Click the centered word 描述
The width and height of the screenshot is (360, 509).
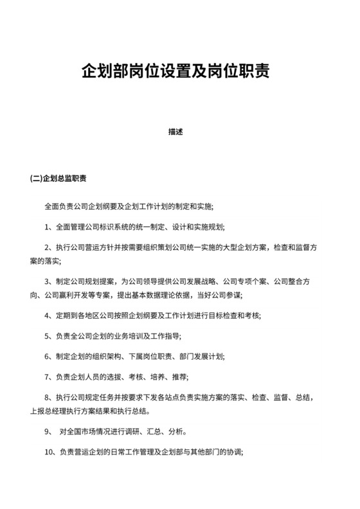(175, 132)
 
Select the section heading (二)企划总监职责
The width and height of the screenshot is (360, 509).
(59, 179)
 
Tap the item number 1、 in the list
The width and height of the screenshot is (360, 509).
(49, 226)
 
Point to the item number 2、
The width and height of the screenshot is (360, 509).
(49, 247)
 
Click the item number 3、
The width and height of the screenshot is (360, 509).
(49, 281)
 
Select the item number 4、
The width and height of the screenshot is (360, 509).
(49, 315)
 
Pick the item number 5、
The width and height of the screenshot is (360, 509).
(49, 335)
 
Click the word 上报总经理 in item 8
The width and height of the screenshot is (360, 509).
(49, 411)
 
